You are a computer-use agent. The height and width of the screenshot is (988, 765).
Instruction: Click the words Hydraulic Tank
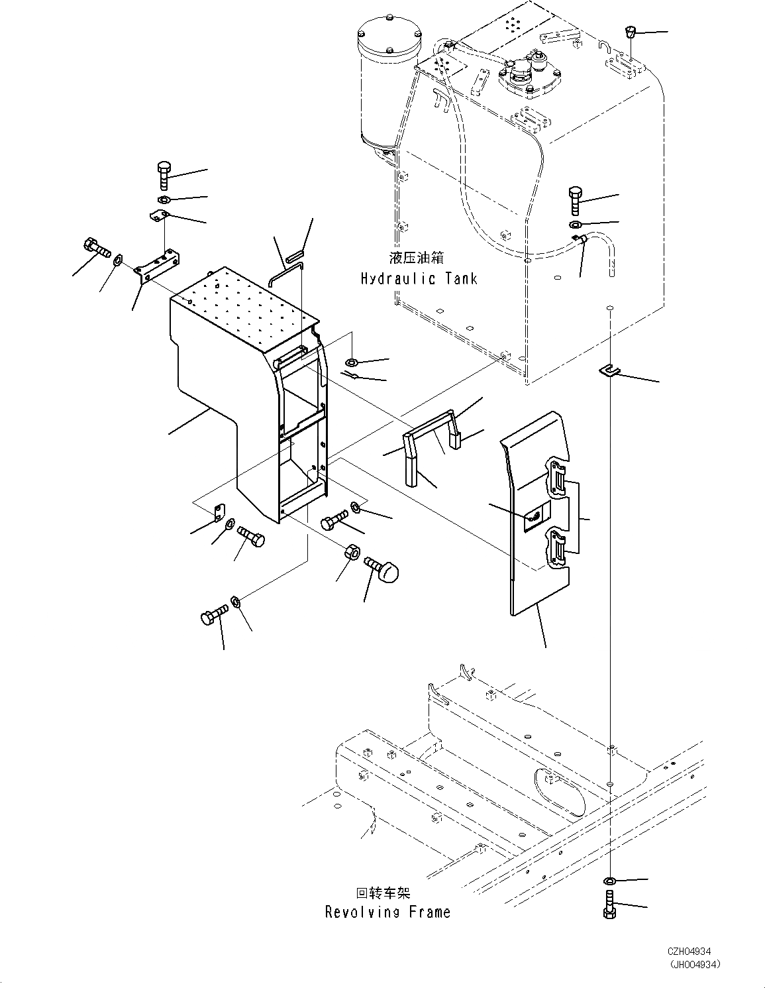(x=419, y=278)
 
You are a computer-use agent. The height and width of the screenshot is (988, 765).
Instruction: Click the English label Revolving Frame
(x=387, y=912)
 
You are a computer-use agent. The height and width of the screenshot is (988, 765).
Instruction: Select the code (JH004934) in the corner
(x=694, y=964)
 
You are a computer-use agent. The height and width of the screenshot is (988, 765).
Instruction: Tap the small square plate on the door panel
(x=536, y=516)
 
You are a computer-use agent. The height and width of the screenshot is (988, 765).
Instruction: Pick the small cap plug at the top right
(x=630, y=32)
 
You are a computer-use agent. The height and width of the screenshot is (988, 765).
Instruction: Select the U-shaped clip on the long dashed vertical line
(x=609, y=371)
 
